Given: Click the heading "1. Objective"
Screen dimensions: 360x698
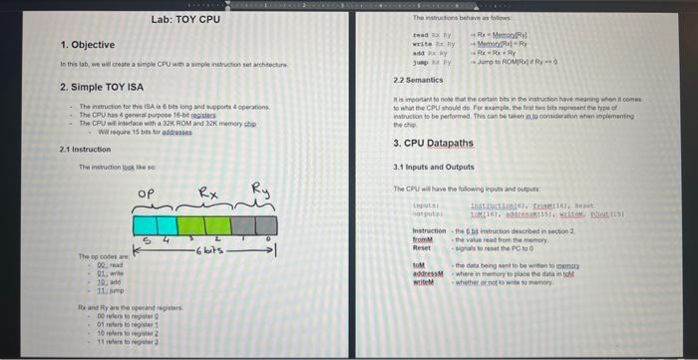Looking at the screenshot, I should pyautogui.click(x=88, y=45).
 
